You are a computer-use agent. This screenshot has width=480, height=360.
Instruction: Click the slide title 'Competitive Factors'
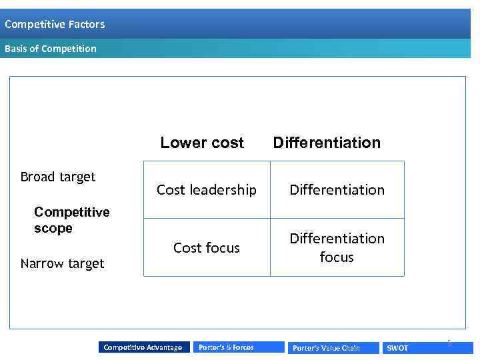pos(55,25)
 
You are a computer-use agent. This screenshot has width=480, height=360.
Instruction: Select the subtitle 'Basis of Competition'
pos(51,49)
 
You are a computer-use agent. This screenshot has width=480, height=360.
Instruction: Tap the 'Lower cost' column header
pos(202,143)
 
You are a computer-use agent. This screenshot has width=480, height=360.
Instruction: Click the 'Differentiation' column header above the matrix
pos(327,143)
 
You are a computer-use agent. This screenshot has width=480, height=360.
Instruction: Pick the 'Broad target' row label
pos(58,177)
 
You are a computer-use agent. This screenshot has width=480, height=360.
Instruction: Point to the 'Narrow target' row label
pos(62,263)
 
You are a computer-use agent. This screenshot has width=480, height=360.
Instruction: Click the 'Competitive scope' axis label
pos(71,220)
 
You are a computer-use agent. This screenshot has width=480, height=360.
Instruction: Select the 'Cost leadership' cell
pos(206,190)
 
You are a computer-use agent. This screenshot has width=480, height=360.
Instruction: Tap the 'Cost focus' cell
pos(206,248)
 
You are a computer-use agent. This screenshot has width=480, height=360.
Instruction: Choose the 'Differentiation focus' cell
pos(337,247)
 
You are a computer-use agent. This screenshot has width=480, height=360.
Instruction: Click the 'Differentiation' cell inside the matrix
pos(337,190)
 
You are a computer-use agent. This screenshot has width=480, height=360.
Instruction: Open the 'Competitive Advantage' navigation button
pos(143,347)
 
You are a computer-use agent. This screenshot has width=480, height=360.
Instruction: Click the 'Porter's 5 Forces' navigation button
pos(227,347)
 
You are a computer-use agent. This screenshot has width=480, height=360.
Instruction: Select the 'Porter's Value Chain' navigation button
pos(327,348)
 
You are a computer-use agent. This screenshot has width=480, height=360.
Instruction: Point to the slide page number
pos(449,343)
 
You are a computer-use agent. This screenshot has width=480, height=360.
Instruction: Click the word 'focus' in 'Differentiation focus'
pos(337,257)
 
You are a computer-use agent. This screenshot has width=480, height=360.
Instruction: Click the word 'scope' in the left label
pos(53,228)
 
